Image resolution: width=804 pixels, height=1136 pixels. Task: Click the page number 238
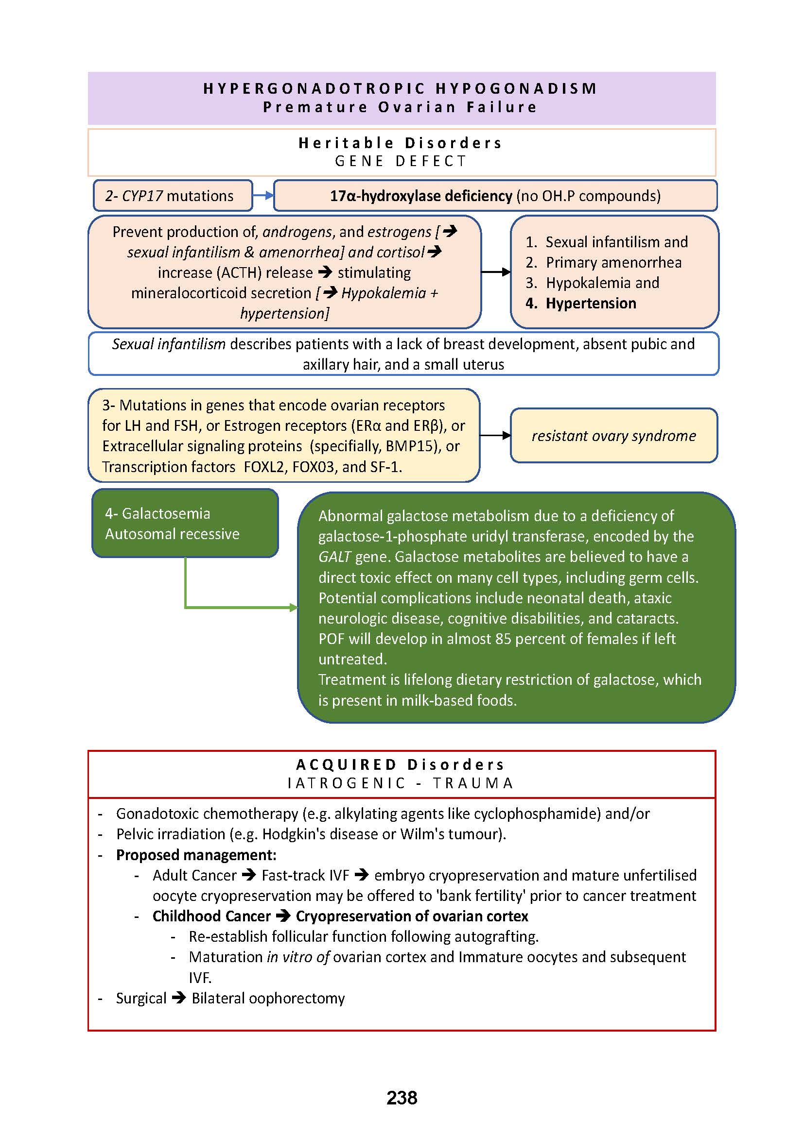pos(402,1098)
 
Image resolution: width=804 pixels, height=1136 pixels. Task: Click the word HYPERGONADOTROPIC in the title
pos(315,88)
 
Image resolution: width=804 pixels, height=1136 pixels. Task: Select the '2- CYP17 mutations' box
pos(172,196)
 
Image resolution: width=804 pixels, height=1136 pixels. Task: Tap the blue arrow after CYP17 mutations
pos(263,195)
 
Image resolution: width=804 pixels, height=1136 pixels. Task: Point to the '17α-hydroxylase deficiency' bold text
pos(421,196)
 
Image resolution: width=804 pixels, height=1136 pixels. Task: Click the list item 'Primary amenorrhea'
pos(613,262)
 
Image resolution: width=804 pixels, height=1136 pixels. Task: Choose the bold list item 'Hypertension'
pos(591,303)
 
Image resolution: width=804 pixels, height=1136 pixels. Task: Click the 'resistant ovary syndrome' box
pos(613,435)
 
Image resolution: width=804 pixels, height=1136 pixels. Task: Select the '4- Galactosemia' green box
pos(185,523)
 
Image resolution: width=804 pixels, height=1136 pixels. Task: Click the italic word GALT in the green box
pos(334,557)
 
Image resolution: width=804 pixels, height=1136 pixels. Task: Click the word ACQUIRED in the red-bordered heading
pos(346,764)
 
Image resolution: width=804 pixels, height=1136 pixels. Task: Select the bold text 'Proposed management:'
pos(196,855)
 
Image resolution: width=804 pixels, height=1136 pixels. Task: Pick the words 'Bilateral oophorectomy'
pos(268,999)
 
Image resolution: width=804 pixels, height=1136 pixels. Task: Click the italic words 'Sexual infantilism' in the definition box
pos(168,344)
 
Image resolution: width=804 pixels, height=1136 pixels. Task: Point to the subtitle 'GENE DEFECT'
pos(401,161)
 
